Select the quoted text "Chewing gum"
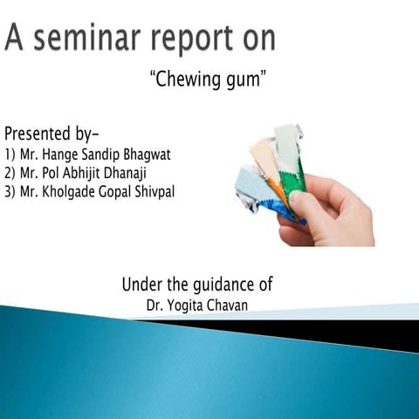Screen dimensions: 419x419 point(209,81)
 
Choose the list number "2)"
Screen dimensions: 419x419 point(10,173)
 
